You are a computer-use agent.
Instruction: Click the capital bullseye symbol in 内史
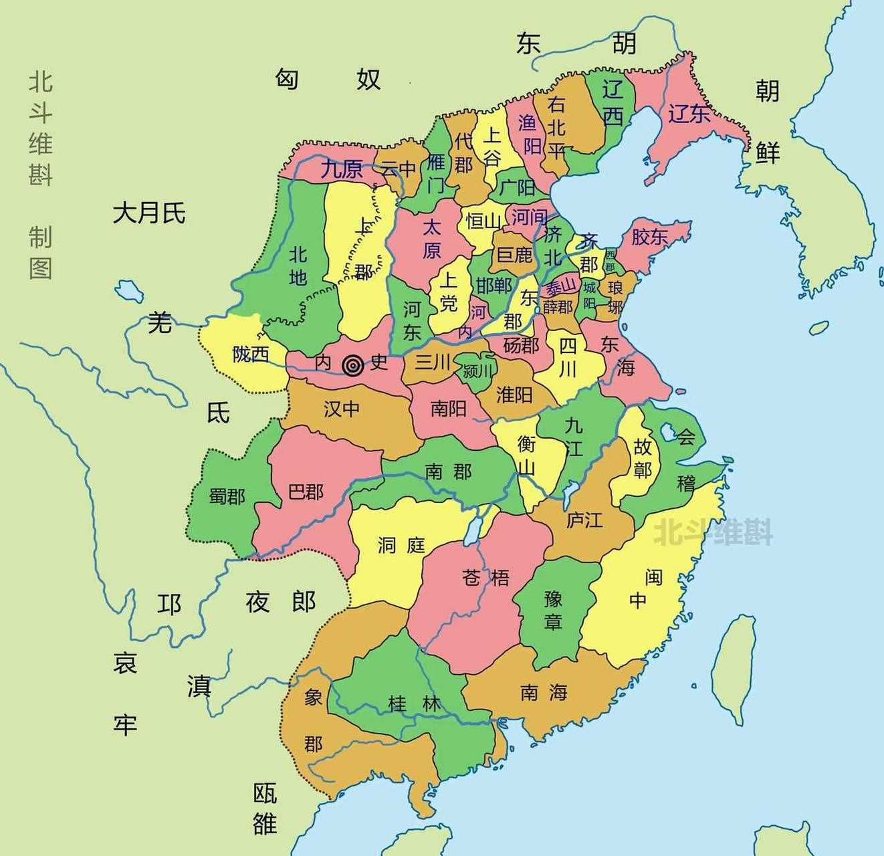353,365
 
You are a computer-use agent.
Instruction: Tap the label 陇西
251,353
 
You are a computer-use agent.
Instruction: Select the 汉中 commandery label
342,409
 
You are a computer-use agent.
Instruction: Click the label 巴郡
306,492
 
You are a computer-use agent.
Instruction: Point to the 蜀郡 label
227,496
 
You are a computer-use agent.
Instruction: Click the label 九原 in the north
342,169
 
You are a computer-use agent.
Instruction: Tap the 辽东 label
689,114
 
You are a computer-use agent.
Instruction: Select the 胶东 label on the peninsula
649,236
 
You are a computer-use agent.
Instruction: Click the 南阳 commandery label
448,408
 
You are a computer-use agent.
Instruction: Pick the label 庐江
584,520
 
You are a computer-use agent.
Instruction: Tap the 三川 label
433,362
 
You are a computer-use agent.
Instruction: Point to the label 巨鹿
514,254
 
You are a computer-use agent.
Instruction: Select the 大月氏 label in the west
149,214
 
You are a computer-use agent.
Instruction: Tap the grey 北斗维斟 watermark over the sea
713,533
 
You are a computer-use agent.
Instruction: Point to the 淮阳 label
514,395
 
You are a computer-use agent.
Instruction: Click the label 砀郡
521,345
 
